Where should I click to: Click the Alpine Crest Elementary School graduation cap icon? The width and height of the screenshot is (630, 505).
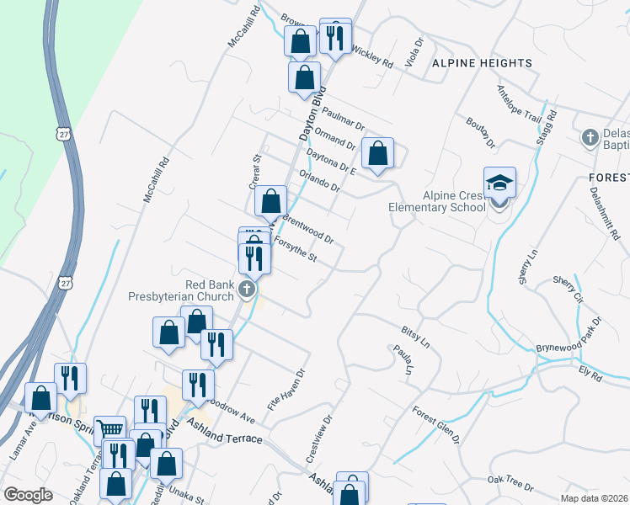pos(499,183)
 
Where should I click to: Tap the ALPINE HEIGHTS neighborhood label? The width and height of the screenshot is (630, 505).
pos(483,63)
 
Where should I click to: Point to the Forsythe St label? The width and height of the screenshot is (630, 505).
pos(294,251)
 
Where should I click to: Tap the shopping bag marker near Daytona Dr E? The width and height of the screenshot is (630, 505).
pos(378,153)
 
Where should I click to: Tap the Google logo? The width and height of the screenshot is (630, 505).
pos(28,495)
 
